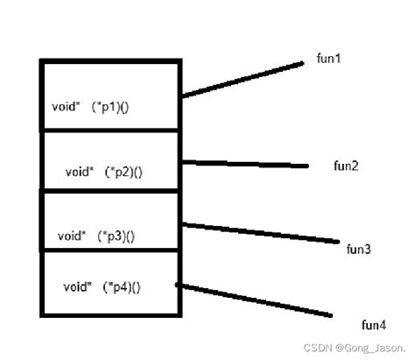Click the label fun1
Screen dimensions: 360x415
(328, 59)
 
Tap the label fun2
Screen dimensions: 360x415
(346, 166)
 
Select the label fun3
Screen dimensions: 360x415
(359, 250)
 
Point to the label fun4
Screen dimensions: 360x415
(374, 326)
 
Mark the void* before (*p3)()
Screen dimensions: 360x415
(72, 236)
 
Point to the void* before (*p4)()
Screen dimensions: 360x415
(77, 286)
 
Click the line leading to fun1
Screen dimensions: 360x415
(243, 79)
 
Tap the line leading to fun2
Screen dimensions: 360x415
(245, 164)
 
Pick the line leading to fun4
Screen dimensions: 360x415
(254, 300)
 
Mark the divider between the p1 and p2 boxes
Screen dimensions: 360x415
(110, 131)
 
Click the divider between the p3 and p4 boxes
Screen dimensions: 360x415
(110, 250)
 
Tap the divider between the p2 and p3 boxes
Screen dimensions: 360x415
(110, 189)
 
